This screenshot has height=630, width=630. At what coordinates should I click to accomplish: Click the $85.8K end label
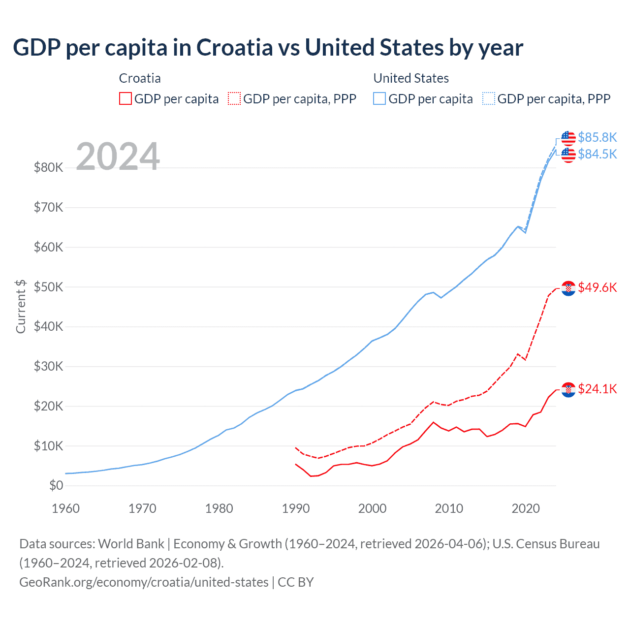tap(597, 137)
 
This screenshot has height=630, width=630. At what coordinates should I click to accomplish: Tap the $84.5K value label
tap(597, 155)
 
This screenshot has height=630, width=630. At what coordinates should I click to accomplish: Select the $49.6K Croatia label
tap(597, 287)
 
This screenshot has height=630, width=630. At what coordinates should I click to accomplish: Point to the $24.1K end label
tap(597, 389)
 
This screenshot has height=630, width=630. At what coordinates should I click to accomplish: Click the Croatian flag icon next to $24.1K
tap(568, 390)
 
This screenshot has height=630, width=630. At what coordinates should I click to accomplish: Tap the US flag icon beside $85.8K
tap(568, 138)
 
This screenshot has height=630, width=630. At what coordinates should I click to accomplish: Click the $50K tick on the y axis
tap(49, 287)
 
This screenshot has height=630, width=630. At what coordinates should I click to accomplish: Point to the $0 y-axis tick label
tap(56, 486)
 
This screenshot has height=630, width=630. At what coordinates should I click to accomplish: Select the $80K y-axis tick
tap(49, 168)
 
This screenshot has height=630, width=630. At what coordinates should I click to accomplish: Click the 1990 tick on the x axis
tap(296, 508)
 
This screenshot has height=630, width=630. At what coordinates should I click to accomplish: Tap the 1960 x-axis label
tap(66, 508)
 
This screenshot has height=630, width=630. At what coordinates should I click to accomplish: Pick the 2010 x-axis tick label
tap(449, 508)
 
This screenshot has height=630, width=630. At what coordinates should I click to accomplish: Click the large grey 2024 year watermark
tap(118, 157)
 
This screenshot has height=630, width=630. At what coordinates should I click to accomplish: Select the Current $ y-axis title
tap(21, 306)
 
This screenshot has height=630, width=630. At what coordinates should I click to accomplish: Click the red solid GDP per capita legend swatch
tap(126, 99)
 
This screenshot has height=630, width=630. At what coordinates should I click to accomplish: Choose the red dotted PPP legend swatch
tap(234, 99)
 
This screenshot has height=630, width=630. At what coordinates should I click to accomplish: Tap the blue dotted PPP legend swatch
tap(489, 99)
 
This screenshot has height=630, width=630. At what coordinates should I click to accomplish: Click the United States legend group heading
tap(411, 78)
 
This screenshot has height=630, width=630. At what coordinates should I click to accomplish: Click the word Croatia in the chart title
tap(234, 48)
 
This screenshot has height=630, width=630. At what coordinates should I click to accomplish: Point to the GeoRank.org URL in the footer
tap(144, 582)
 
